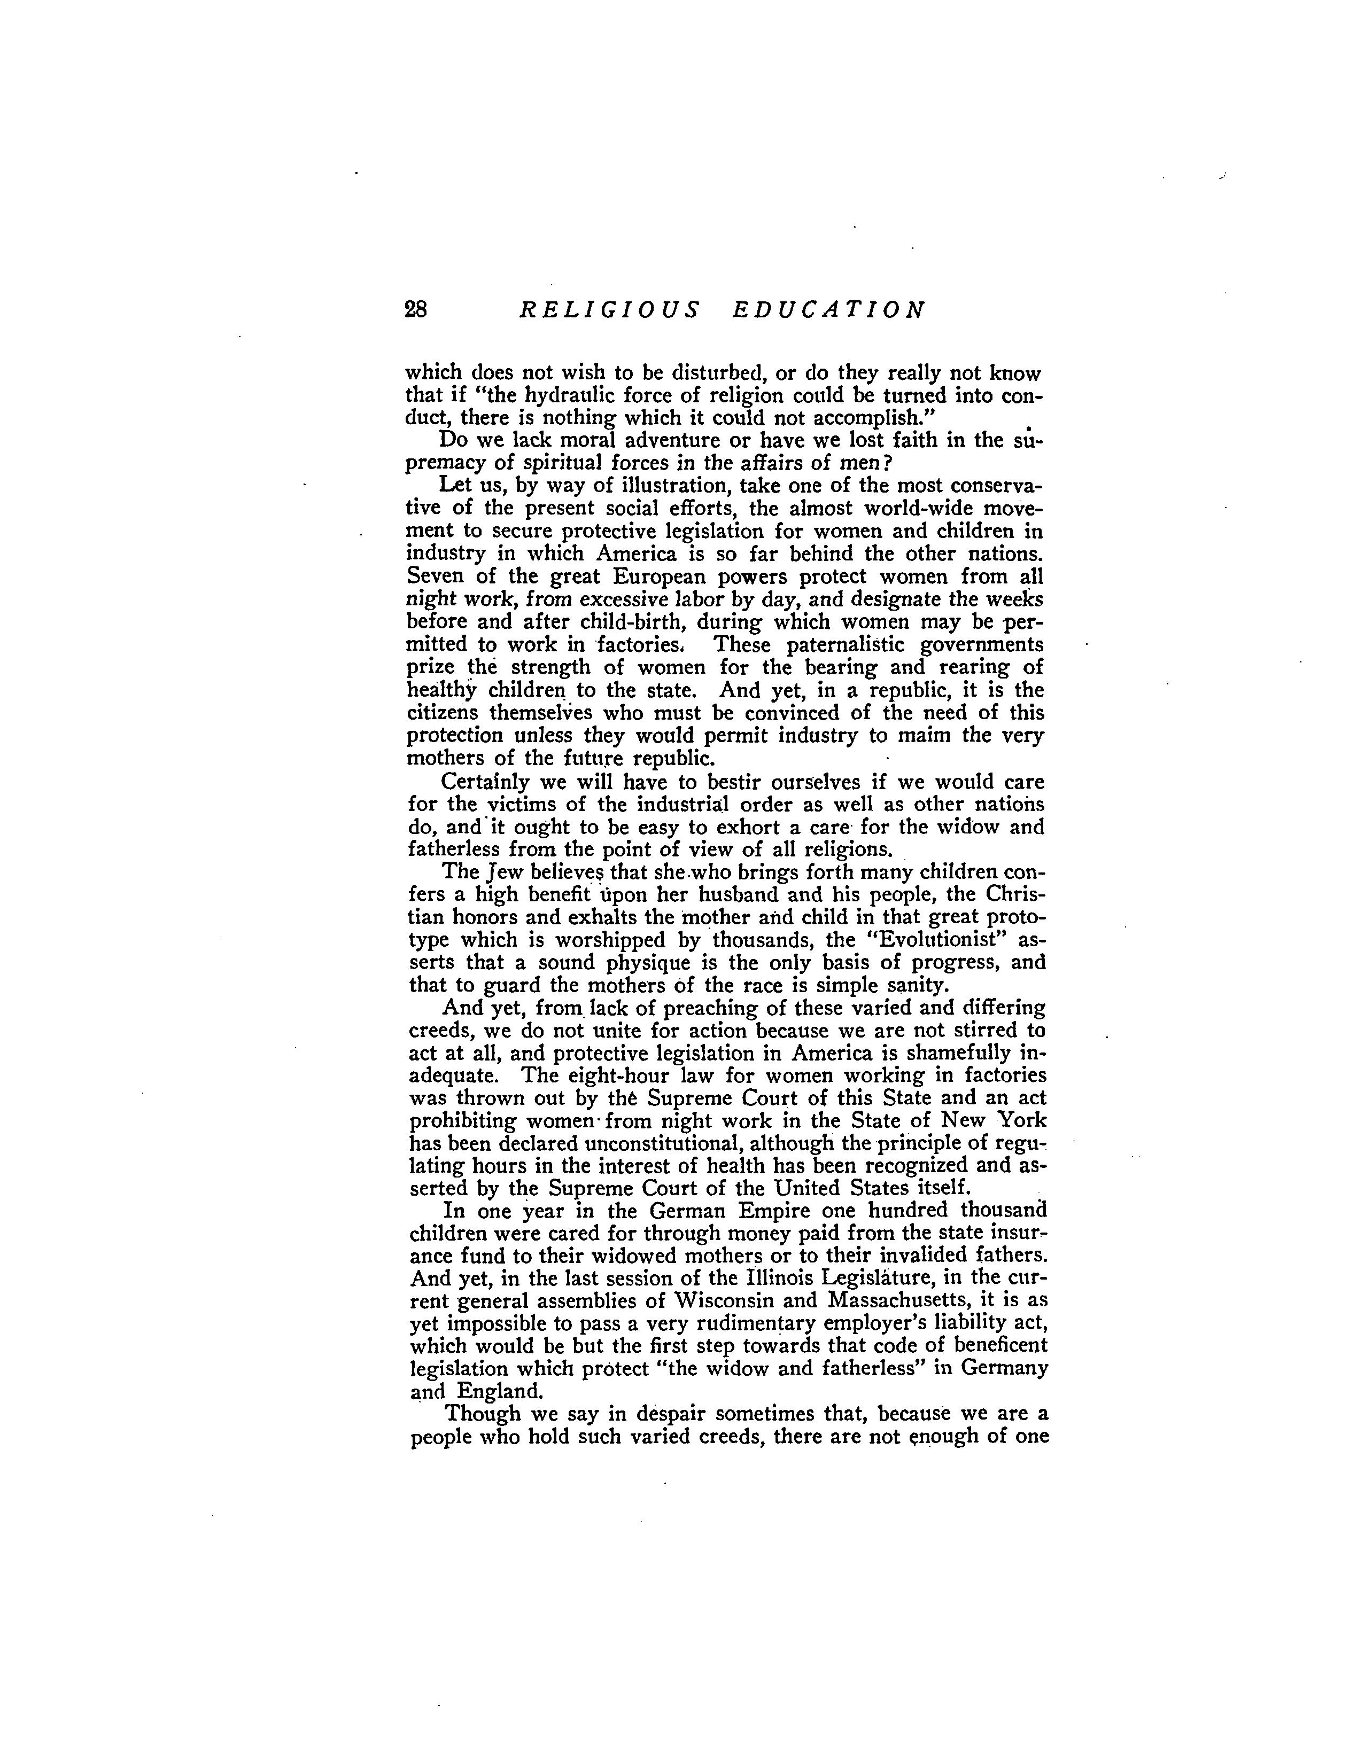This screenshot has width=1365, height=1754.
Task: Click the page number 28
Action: click(416, 310)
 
